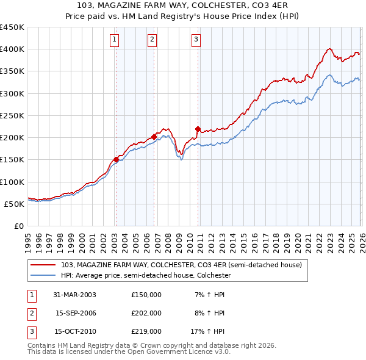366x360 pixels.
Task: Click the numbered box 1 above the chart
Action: coord(115,40)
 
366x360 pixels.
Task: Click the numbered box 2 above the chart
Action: coord(152,40)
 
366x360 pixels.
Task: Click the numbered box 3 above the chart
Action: coord(196,40)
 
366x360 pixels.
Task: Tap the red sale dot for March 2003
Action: coord(116,159)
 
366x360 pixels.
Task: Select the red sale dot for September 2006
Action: coord(154,137)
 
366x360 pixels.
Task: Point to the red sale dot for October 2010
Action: coord(198,129)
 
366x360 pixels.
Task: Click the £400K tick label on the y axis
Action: coord(12,49)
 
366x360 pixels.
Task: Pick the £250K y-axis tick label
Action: coord(12,115)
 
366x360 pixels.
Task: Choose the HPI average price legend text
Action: coord(145,276)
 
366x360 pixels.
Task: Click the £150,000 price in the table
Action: coord(146,295)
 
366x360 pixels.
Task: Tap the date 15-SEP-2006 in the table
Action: coord(74,313)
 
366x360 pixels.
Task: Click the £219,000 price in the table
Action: coord(146,332)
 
